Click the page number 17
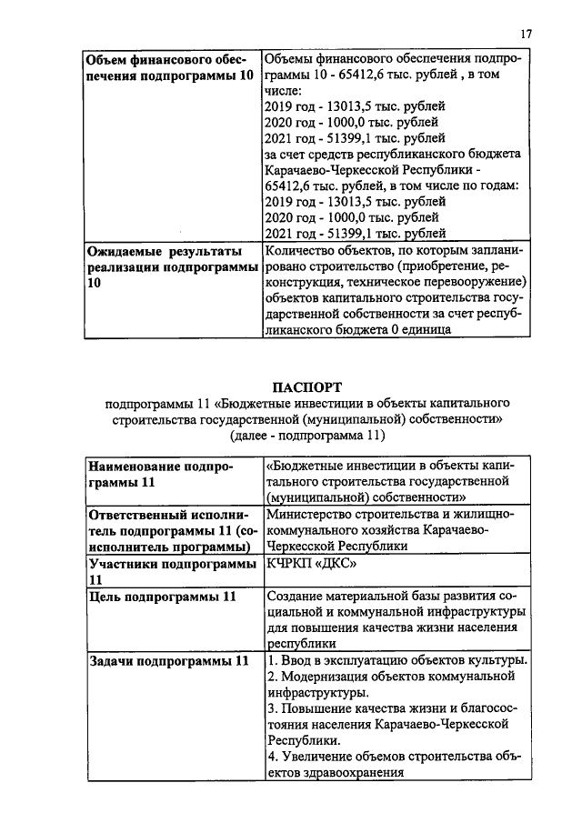pyautogui.click(x=526, y=34)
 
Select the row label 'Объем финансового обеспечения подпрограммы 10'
pyautogui.click(x=169, y=67)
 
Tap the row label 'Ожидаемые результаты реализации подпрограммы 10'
pyautogui.click(x=169, y=266)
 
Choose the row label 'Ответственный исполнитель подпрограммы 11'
pyautogui.click(x=170, y=531)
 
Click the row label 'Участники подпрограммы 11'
pyautogui.click(x=170, y=572)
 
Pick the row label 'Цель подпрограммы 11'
pyautogui.click(x=161, y=597)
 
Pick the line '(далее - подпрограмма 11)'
pyautogui.click(x=308, y=436)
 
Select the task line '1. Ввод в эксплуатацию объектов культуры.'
pyautogui.click(x=396, y=660)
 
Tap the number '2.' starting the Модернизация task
pyautogui.click(x=271, y=677)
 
